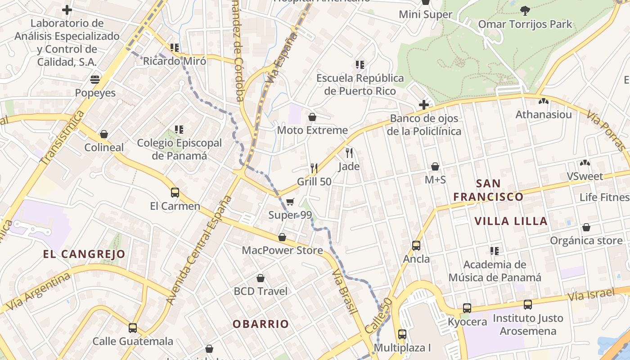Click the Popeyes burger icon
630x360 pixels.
coord(95,80)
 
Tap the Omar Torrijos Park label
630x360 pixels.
coord(525,24)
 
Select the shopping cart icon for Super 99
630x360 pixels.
coord(290,202)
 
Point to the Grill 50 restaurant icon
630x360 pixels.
coord(314,168)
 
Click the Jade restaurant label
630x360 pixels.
coord(349,166)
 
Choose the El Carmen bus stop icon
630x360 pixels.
coord(175,193)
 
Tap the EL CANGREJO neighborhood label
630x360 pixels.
coord(84,254)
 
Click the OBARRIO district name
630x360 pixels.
coord(261,324)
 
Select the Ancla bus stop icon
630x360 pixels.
coord(416,246)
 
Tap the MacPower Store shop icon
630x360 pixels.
coord(282,237)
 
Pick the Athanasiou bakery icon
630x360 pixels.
coord(543,102)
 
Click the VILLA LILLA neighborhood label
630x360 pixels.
coord(511,221)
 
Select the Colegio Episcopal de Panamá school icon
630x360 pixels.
coord(179,130)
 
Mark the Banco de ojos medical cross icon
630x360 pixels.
coord(423,105)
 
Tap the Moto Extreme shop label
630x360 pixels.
coord(312,130)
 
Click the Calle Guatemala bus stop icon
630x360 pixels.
coord(132,328)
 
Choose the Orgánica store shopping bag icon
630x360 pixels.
coord(586,228)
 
